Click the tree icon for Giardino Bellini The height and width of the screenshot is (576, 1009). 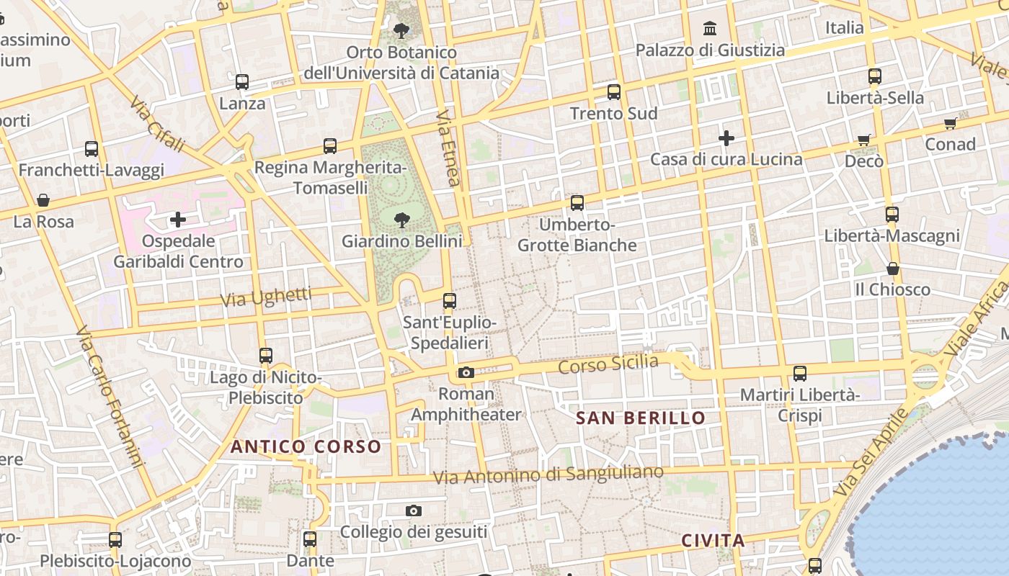tap(402, 220)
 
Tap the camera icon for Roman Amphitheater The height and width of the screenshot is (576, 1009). tap(466, 372)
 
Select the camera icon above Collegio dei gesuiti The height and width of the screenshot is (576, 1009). tap(414, 510)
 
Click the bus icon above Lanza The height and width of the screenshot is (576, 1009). tap(242, 82)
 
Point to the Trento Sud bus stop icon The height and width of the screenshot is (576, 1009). tap(614, 92)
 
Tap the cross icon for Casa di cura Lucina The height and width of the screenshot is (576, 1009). tap(726, 138)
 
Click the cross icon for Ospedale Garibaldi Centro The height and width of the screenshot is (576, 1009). tap(178, 220)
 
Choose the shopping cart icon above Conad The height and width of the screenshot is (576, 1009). tap(950, 123)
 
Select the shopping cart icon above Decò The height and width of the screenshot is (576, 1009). tap(864, 140)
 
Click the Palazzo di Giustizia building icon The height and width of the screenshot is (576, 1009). tap(710, 29)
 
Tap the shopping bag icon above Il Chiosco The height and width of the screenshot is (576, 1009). tap(893, 269)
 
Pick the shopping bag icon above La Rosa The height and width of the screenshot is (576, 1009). tap(43, 199)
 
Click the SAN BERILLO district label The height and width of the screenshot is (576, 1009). tap(641, 418)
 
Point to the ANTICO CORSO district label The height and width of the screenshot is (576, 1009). tap(306, 446)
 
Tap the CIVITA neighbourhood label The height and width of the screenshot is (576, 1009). tap(713, 541)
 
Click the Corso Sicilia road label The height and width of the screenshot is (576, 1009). tap(608, 364)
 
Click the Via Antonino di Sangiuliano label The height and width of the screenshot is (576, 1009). tap(548, 474)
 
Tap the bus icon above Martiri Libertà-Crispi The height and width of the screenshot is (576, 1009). tap(800, 374)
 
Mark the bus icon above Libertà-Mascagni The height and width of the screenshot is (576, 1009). tap(892, 215)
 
